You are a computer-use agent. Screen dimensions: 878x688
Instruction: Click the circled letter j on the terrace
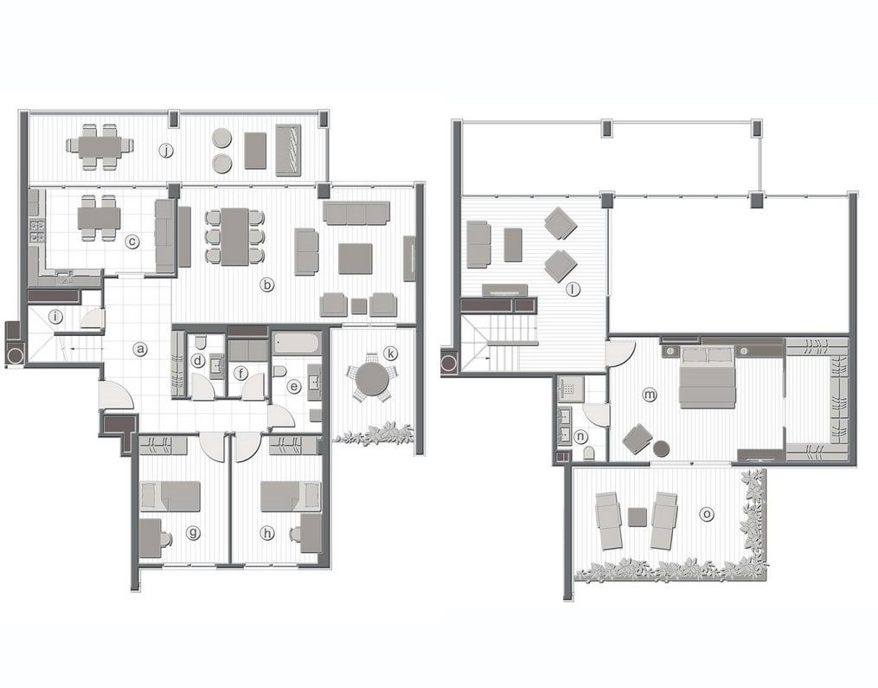(166, 151)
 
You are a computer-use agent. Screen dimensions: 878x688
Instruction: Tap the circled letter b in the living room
(267, 285)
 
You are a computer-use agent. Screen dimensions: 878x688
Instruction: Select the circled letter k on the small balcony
(390, 353)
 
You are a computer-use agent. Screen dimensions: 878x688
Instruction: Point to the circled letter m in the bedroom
(650, 395)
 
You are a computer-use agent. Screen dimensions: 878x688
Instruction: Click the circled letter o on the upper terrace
(708, 513)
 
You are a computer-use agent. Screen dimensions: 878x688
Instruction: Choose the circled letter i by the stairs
(54, 317)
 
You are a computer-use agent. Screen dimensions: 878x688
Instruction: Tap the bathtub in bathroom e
(296, 342)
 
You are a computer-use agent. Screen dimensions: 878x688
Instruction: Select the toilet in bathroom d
(200, 340)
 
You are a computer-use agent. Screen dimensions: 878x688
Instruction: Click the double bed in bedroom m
(707, 376)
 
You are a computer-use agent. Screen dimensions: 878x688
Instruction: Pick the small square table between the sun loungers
(638, 516)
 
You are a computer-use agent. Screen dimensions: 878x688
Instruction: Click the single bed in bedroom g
(170, 496)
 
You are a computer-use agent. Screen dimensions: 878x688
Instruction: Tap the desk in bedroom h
(311, 534)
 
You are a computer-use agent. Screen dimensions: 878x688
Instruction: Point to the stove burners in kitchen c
(37, 229)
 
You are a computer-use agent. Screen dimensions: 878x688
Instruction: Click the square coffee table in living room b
(355, 259)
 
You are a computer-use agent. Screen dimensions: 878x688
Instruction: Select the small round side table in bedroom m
(661, 448)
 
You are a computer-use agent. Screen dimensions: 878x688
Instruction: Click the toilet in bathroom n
(589, 453)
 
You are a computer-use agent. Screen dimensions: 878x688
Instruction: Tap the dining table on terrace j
(99, 147)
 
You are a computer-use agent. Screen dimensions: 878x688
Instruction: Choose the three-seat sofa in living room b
(356, 214)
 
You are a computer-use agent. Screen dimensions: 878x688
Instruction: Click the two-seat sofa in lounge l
(478, 244)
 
